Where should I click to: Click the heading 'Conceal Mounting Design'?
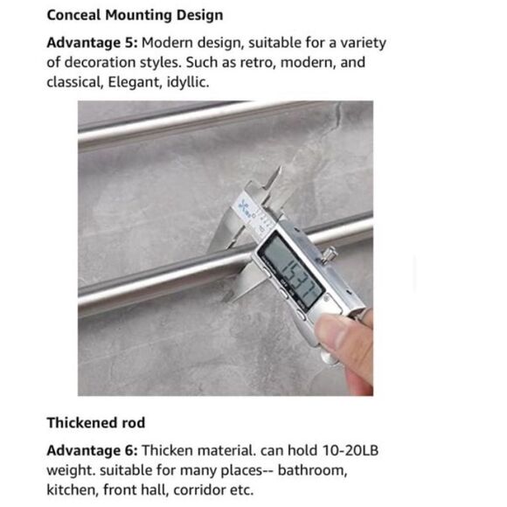[x=135, y=15]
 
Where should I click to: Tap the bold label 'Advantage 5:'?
[x=92, y=43]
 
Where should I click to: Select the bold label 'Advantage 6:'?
[x=92, y=451]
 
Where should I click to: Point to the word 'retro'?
[x=256, y=63]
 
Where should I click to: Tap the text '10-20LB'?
[x=351, y=451]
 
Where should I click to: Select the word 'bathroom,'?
[x=311, y=471]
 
